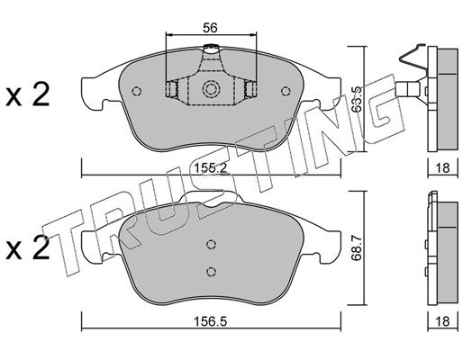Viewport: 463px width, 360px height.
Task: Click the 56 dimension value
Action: click(x=210, y=28)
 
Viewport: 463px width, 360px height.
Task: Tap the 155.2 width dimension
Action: click(x=210, y=168)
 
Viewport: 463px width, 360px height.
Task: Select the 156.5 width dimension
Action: click(x=210, y=321)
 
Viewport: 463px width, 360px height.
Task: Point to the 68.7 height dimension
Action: click(x=356, y=247)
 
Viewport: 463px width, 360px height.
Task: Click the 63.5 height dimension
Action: click(x=356, y=100)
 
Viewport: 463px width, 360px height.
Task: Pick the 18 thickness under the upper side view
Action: click(x=442, y=167)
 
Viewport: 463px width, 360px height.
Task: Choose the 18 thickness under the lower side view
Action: click(x=442, y=321)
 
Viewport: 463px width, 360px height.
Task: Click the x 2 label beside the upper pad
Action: click(x=28, y=95)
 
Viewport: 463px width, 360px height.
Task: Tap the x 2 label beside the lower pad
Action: click(x=28, y=248)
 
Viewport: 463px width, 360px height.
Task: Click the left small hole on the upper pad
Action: click(x=137, y=91)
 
